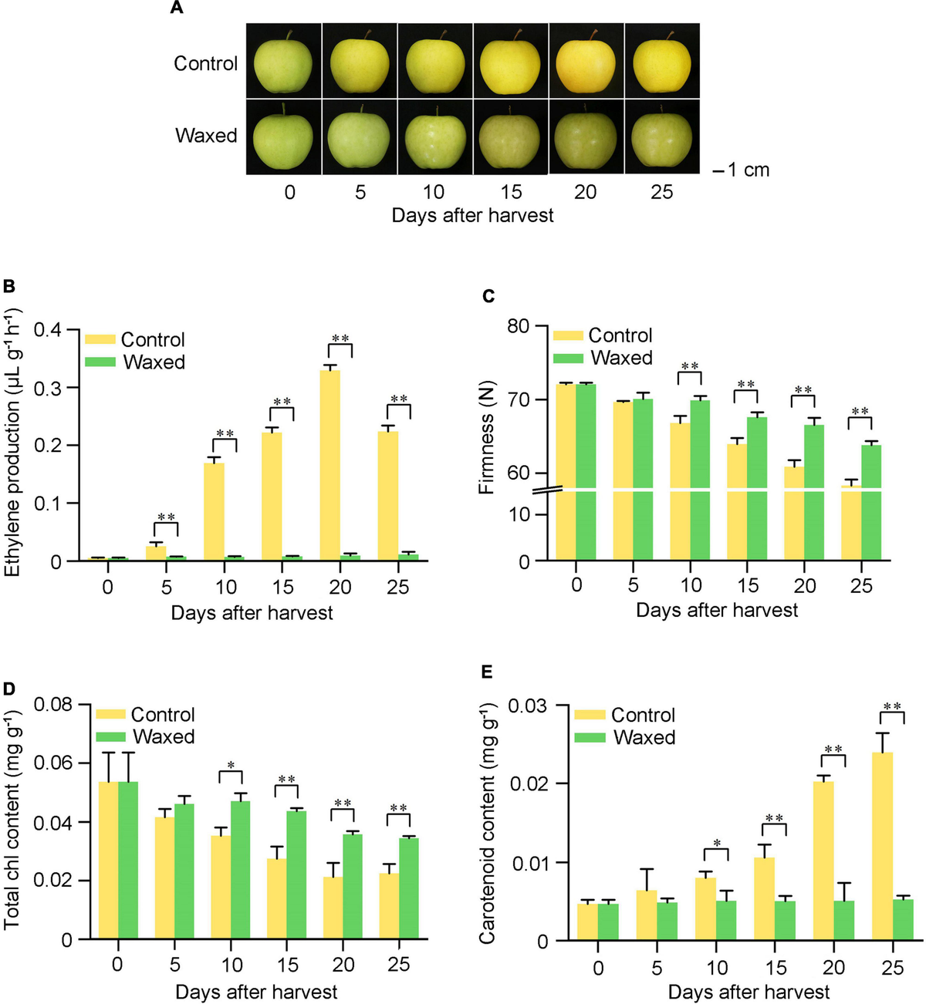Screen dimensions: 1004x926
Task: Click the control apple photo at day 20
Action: pyautogui.click(x=586, y=60)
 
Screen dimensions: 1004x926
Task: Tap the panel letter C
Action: pyautogui.click(x=487, y=297)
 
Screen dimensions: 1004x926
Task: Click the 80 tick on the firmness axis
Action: pyautogui.click(x=519, y=327)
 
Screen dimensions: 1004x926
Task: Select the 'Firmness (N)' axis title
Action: pyautogui.click(x=486, y=438)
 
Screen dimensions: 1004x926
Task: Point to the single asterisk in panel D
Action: pyautogui.click(x=231, y=766)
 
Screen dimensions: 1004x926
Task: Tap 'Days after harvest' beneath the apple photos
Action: pyautogui.click(x=472, y=215)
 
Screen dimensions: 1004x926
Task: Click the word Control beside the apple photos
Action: pyautogui.click(x=205, y=63)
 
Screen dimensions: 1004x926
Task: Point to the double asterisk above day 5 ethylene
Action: pyautogui.click(x=166, y=517)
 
